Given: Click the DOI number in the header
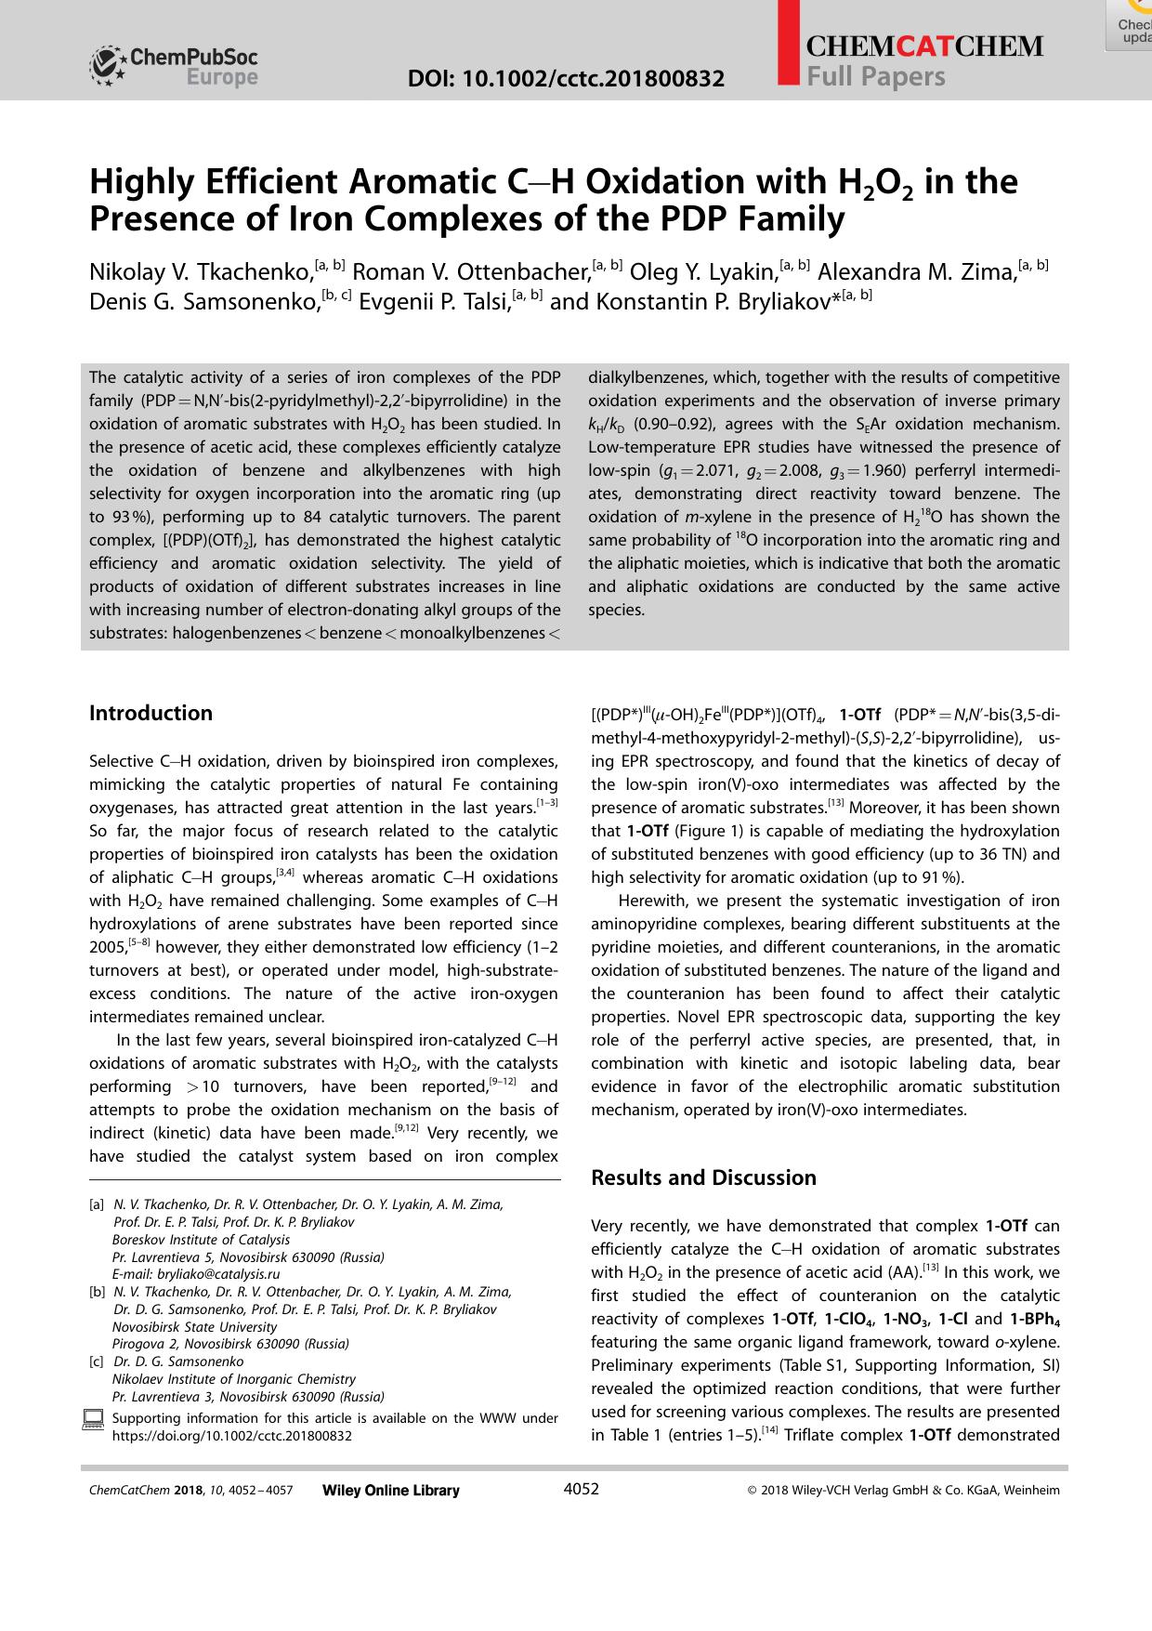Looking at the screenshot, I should tap(567, 79).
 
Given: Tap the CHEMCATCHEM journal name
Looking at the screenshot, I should tap(924, 46).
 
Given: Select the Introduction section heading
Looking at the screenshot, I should tap(151, 713).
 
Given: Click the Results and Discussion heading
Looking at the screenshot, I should tap(703, 1177).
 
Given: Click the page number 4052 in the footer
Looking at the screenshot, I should tap(582, 1489).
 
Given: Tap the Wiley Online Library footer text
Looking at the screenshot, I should tap(390, 1490).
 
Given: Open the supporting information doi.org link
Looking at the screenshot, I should tap(231, 1435).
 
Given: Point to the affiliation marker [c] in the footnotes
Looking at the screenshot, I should tap(96, 1361).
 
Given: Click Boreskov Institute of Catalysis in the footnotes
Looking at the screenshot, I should tap(201, 1240).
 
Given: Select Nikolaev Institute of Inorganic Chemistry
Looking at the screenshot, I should tap(233, 1379).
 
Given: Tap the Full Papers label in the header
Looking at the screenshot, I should tap(875, 76).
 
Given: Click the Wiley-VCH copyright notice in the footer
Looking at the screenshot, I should tap(903, 1490).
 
